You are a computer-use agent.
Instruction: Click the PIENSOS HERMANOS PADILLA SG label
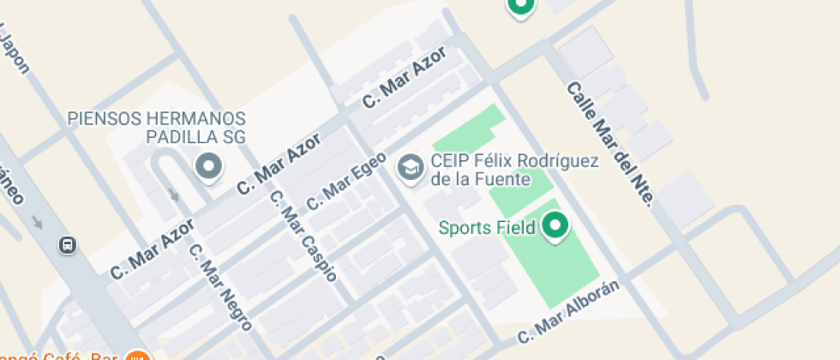coord(157,128)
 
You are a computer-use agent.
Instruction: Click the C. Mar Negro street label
coord(220,288)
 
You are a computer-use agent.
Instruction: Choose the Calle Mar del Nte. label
coord(610,143)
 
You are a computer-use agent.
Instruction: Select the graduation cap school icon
coord(411,167)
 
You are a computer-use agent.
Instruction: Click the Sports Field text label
coord(487,227)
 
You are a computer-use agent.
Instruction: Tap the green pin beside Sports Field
coord(556,226)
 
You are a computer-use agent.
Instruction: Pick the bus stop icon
coord(67,245)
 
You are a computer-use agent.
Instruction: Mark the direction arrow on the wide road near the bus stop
coord(36,222)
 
